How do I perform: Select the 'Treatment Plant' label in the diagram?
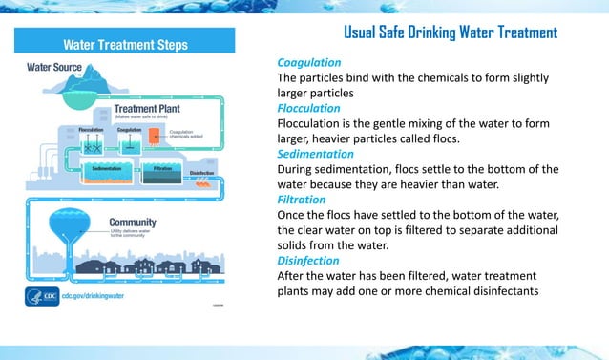click(x=148, y=109)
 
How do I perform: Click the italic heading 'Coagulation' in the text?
click(x=308, y=62)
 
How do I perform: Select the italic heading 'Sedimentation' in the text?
click(x=315, y=154)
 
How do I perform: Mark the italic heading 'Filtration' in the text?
click(x=301, y=200)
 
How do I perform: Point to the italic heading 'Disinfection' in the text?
click(x=307, y=260)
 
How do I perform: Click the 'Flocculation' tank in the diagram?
click(x=93, y=141)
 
